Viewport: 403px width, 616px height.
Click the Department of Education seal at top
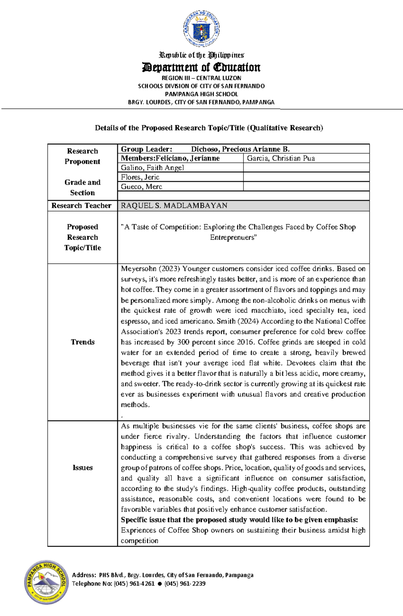201,29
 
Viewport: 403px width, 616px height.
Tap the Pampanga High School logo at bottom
46,582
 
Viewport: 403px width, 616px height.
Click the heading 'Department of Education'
201,67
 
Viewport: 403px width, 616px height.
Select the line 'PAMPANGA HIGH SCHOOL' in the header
201,94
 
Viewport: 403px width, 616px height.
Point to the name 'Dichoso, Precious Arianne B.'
240,149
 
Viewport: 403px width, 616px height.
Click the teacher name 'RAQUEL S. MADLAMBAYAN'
174,206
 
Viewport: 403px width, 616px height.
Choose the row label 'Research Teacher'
81,206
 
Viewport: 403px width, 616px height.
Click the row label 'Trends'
83,342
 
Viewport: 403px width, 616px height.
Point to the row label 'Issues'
83,468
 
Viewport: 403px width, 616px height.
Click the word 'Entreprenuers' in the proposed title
233,238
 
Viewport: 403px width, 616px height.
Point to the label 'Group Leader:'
146,149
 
